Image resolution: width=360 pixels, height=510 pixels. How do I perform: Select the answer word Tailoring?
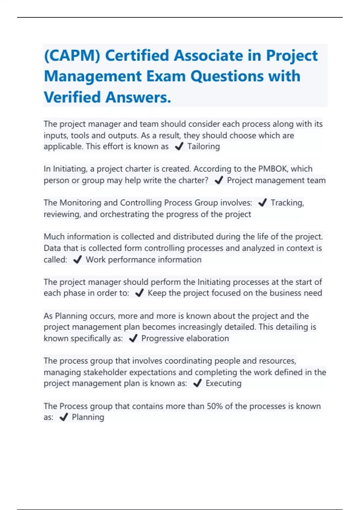tap(203, 146)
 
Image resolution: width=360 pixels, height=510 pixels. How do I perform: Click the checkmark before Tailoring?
tap(179, 146)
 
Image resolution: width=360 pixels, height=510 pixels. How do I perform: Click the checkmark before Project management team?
tap(219, 180)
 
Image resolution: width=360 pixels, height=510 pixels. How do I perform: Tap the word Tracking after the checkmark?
tap(287, 203)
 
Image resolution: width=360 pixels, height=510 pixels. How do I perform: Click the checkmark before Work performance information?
tap(77, 259)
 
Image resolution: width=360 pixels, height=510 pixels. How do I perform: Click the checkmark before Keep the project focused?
tap(139, 293)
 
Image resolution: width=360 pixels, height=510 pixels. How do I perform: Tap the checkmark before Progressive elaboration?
tap(133, 338)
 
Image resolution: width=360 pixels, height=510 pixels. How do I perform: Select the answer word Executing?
tap(223, 383)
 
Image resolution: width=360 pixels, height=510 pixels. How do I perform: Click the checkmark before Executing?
tap(197, 383)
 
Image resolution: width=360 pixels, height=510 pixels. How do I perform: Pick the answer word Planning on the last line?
tap(88, 417)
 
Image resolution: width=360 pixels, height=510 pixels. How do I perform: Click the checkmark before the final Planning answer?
tap(64, 417)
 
